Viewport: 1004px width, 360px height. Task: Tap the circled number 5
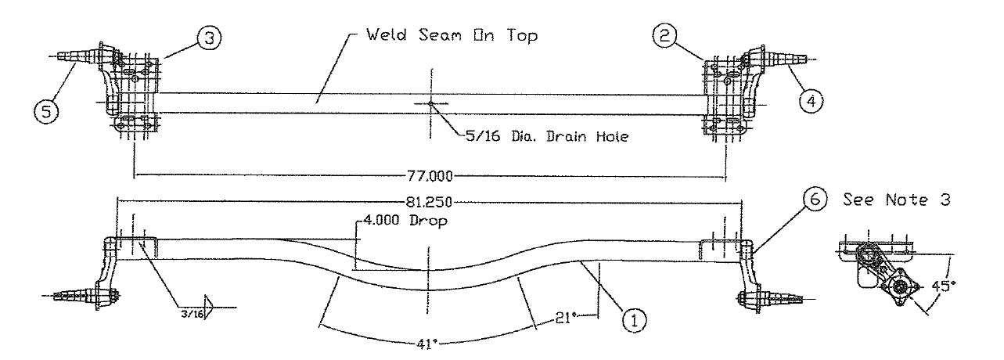[x=45, y=112]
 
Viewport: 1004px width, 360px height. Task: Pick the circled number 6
[x=814, y=200]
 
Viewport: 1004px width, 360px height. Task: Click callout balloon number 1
[x=633, y=319]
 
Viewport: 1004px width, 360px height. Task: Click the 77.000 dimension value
[x=430, y=175]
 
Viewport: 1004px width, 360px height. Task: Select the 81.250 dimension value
[x=430, y=200]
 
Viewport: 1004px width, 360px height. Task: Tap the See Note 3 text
[x=896, y=200]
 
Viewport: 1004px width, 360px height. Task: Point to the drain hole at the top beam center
[x=430, y=103]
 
